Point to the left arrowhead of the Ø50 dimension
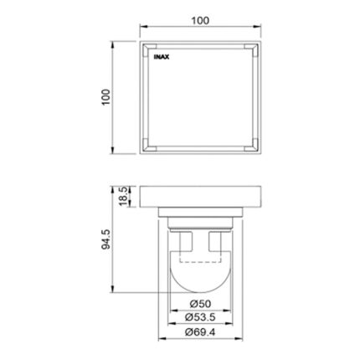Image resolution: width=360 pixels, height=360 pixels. pos(172,308)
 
